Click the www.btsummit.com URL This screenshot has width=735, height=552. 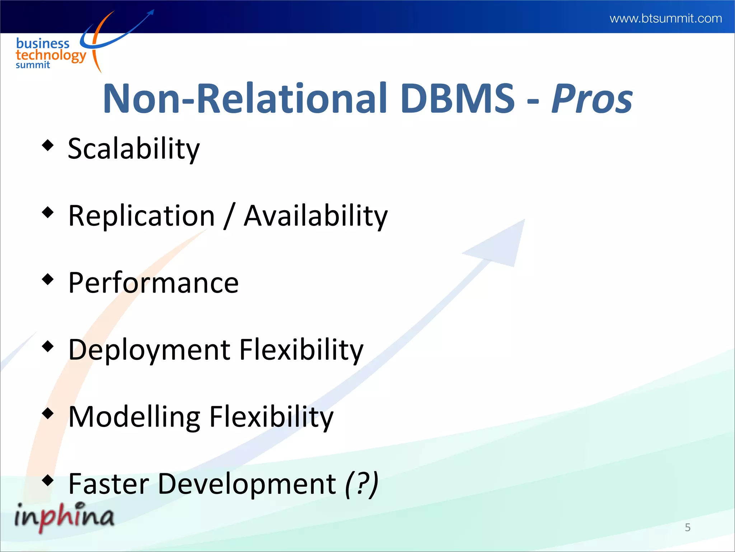665,18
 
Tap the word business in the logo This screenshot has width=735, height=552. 43,43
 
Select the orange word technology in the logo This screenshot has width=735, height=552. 51,56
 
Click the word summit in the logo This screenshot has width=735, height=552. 33,65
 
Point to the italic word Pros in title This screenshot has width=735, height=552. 592,99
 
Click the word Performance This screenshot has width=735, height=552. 153,283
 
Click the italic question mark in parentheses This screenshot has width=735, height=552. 361,484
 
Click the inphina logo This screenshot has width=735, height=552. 64,516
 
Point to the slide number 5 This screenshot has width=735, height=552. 688,527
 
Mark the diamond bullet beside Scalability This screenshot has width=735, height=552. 47,146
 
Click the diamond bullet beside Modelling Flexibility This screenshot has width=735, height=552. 47,413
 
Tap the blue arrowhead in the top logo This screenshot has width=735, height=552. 151,13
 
